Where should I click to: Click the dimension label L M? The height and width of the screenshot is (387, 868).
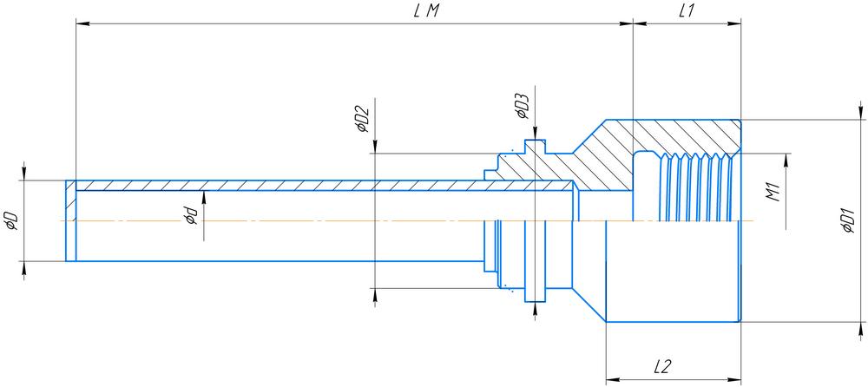click(424, 11)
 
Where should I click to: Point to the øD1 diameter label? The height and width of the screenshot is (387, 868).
click(848, 220)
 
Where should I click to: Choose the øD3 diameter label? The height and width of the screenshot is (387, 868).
click(521, 108)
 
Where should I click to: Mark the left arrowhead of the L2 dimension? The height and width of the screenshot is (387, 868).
click(611, 379)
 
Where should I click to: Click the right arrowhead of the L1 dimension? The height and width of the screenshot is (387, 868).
click(735, 24)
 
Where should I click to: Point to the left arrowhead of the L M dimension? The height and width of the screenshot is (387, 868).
click(82, 24)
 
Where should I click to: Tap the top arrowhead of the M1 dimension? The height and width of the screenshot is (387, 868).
click(787, 161)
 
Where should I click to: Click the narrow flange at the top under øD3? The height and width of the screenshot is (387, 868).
click(536, 148)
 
